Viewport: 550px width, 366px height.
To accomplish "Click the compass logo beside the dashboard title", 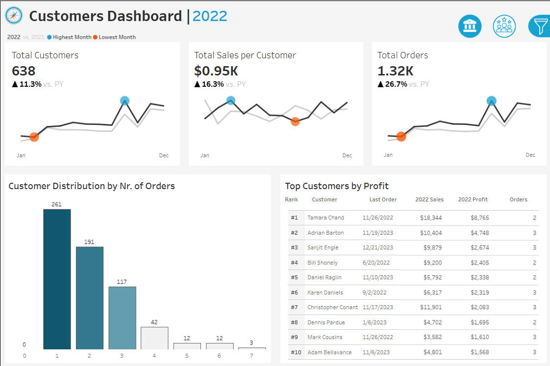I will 14,16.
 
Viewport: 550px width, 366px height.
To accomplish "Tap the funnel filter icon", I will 539,26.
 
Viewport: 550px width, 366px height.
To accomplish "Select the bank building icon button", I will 470,26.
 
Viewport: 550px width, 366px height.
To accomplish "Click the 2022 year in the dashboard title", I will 210,16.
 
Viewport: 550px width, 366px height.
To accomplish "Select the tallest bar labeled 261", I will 57,279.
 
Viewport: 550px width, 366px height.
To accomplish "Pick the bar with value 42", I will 154,338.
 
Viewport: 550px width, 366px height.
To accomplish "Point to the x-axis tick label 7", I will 251,356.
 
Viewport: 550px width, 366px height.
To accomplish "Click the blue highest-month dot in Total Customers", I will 125,101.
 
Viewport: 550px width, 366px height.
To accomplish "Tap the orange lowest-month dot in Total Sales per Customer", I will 295,122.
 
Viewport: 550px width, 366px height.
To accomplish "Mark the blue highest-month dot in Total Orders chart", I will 492,101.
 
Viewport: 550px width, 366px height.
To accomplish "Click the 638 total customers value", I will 24,71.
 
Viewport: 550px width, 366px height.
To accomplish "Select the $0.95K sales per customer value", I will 216,71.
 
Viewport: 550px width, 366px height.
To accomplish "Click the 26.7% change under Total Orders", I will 396,84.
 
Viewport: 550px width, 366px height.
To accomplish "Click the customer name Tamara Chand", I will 325,218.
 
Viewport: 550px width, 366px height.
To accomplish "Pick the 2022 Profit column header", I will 473,199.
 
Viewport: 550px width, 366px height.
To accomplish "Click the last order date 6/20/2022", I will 376,263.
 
